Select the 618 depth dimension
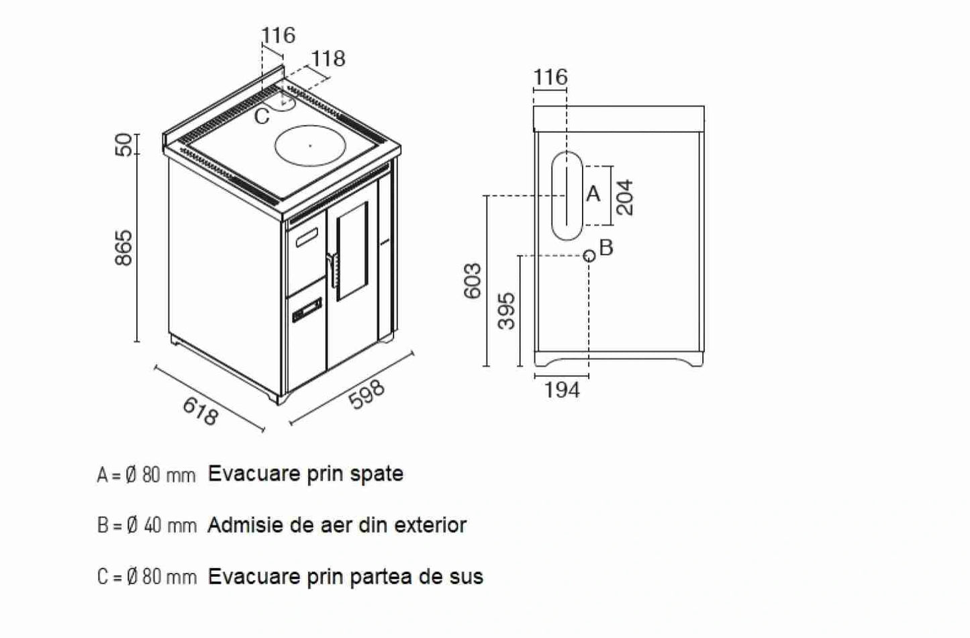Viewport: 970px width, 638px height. (200, 411)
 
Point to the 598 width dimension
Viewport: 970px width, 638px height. (367, 394)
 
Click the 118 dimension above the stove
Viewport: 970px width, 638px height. (328, 58)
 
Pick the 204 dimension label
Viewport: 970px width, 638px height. (624, 196)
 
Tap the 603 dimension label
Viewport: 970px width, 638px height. (472, 280)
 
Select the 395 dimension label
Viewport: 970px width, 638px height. (508, 310)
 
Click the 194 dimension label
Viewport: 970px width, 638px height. (562, 390)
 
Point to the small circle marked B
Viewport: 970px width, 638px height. (589, 255)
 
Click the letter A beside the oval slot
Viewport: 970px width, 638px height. (593, 194)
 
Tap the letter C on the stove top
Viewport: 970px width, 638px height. (262, 117)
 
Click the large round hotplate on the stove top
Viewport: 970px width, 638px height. (310, 144)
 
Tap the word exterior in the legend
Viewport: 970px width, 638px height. (430, 525)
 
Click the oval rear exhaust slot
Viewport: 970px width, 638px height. (567, 195)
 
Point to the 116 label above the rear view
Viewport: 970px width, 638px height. (550, 77)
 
